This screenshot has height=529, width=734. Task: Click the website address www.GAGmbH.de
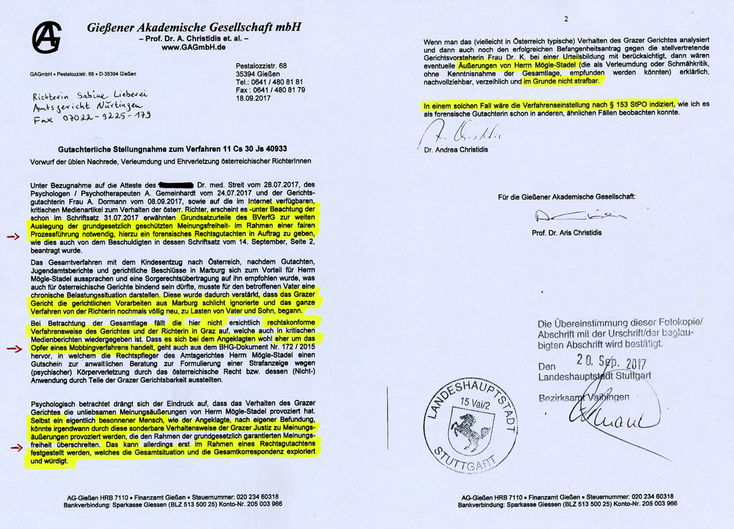tap(194, 47)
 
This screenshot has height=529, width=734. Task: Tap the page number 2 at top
tap(565, 19)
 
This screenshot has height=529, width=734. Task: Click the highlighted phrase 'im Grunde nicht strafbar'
tap(562, 81)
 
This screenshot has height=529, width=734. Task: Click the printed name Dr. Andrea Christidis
tap(454, 149)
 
